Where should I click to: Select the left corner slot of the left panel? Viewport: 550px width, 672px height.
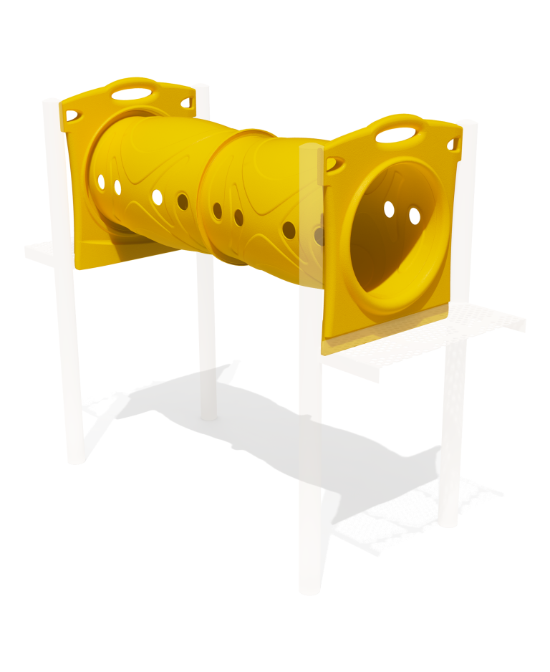click(x=72, y=115)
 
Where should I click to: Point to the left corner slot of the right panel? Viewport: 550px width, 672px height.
click(x=335, y=164)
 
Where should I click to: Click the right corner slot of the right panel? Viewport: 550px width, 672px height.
click(x=453, y=145)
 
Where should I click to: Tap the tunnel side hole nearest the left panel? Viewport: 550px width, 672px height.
click(x=101, y=182)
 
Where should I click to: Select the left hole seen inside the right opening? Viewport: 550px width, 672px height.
click(x=389, y=209)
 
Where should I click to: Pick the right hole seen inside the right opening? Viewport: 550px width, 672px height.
click(x=415, y=216)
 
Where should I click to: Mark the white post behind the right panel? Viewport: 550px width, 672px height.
click(x=451, y=430)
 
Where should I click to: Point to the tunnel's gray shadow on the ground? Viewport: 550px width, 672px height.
click(x=286, y=430)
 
